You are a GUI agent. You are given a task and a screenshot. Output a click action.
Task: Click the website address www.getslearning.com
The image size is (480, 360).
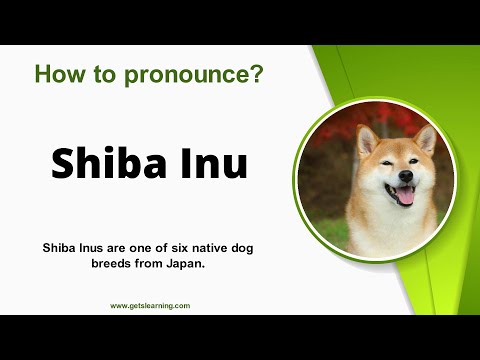pos(150,305)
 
